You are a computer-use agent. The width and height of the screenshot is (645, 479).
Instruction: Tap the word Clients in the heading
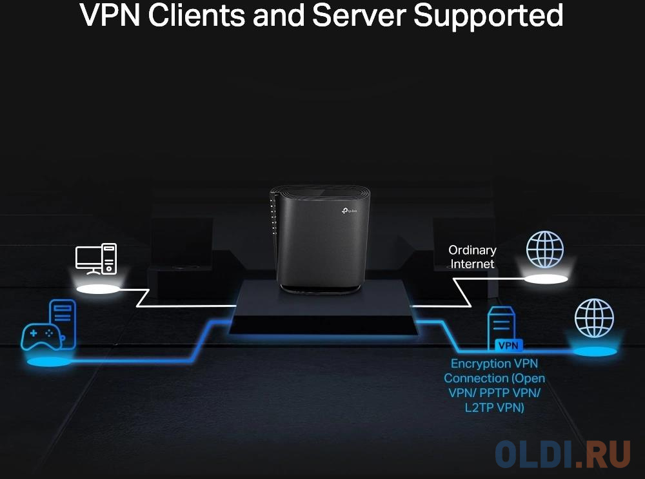pos(196,16)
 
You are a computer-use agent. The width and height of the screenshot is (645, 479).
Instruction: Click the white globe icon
pos(545,249)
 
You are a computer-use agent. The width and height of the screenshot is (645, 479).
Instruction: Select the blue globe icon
pos(594,318)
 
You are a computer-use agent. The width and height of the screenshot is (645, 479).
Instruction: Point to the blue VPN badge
pos(508,345)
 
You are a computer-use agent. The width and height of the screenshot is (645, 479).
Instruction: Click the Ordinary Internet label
pos(472,257)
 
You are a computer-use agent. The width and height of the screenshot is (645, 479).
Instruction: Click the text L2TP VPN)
pos(494,408)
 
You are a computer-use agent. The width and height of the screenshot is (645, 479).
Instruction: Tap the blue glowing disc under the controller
pos(49,361)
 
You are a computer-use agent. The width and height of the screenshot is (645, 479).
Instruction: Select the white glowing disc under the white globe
pos(545,279)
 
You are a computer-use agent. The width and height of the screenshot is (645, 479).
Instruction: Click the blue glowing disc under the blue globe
pos(594,351)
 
